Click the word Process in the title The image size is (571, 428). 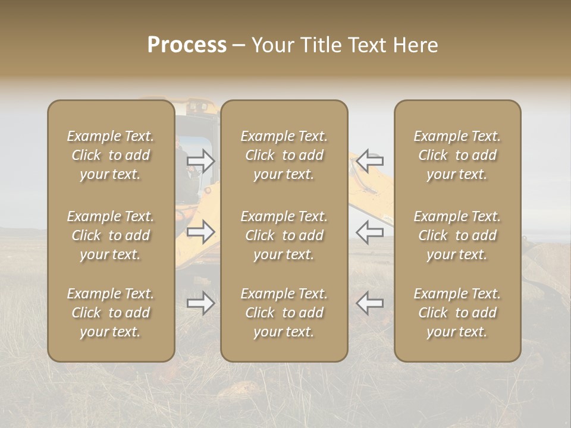187,45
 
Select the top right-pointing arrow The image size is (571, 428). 201,160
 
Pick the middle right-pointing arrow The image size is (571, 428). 201,232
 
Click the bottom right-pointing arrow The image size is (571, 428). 201,303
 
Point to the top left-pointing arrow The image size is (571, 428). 370,160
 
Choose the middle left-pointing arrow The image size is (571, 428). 370,232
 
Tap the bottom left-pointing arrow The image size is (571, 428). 370,303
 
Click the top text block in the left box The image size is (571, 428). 111,155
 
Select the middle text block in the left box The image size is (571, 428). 111,235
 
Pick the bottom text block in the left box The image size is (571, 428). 111,313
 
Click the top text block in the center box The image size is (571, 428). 284,155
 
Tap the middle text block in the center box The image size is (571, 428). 284,235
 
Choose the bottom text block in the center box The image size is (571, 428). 284,313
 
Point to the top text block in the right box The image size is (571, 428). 457,155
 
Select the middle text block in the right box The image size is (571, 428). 457,235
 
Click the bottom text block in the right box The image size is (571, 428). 457,313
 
